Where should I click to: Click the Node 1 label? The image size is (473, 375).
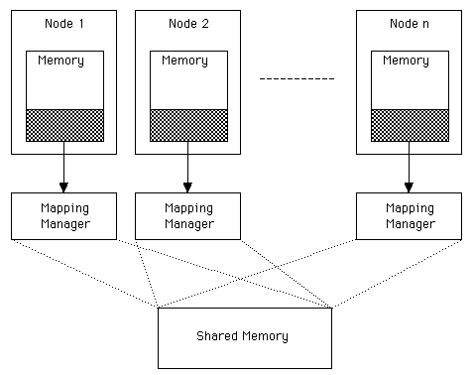click(x=63, y=23)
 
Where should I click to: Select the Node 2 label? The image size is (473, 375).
click(x=187, y=23)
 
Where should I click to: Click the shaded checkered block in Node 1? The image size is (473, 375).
click(x=64, y=125)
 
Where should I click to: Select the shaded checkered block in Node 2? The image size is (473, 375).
click(x=188, y=125)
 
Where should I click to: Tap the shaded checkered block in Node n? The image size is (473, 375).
click(x=409, y=125)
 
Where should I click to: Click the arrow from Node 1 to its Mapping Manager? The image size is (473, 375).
click(x=64, y=165)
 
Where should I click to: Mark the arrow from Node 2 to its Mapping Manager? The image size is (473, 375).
click(x=188, y=165)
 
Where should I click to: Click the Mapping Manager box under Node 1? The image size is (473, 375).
click(x=64, y=216)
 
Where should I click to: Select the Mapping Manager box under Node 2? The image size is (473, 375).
click(x=188, y=216)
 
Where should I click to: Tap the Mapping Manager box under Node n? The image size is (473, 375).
click(x=409, y=216)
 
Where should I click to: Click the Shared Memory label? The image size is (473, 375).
click(x=243, y=336)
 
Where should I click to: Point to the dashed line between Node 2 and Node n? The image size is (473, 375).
click(x=296, y=77)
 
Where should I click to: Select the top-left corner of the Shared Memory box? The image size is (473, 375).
click(x=158, y=309)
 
